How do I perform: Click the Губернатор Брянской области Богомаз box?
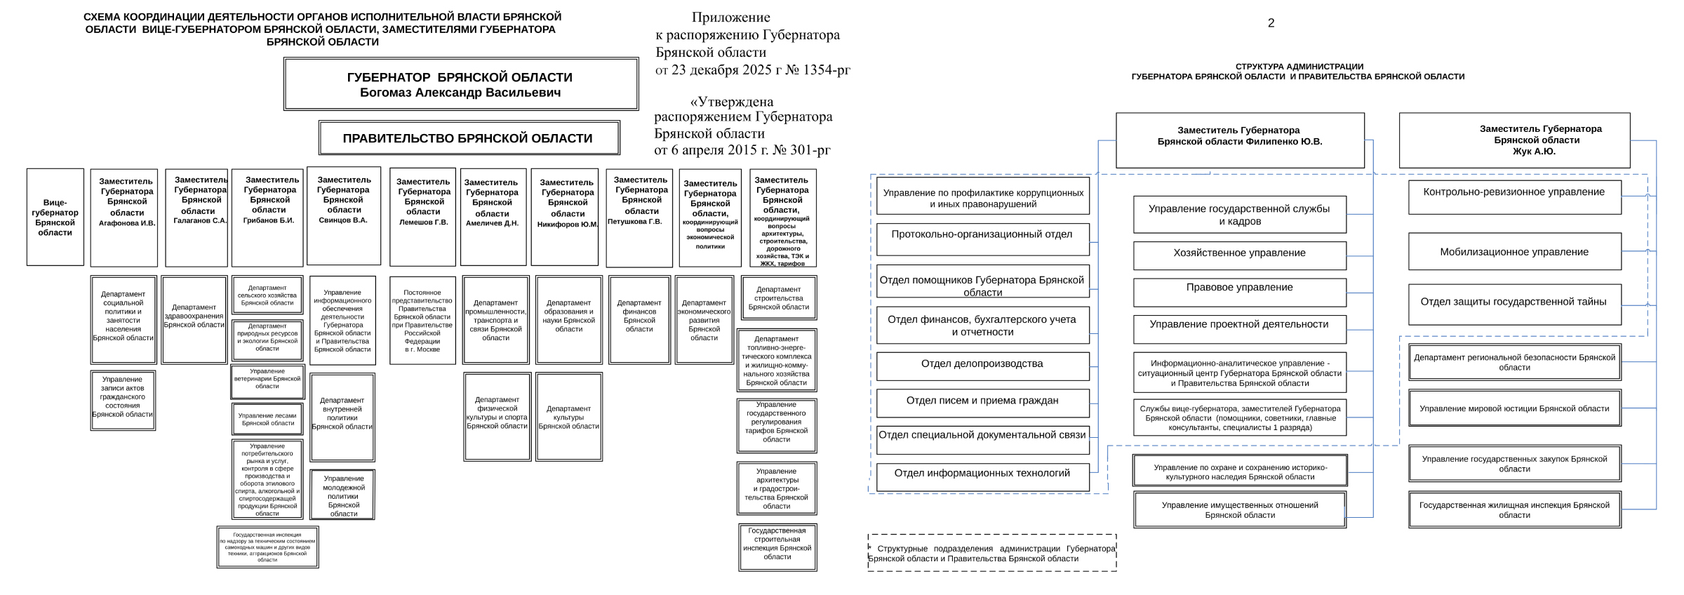tap(461, 84)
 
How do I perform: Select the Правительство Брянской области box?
tap(469, 138)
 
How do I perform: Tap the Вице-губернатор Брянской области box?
tap(55, 217)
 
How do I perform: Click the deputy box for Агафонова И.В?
tap(124, 218)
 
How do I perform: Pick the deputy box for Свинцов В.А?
tap(344, 216)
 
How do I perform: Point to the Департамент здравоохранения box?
tap(194, 319)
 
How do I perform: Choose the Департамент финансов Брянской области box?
tap(639, 319)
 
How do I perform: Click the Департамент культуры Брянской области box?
tap(569, 417)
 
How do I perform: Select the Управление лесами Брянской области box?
tap(267, 419)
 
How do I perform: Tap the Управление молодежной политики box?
tap(342, 495)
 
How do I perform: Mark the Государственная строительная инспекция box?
tap(777, 547)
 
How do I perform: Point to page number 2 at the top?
tap(1271, 23)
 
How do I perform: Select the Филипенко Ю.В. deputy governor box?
tap(1240, 140)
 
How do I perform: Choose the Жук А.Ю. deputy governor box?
tap(1514, 140)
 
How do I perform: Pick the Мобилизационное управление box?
tap(1514, 252)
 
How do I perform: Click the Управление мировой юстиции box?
tap(1514, 408)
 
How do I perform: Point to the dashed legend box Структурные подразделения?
tap(991, 553)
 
